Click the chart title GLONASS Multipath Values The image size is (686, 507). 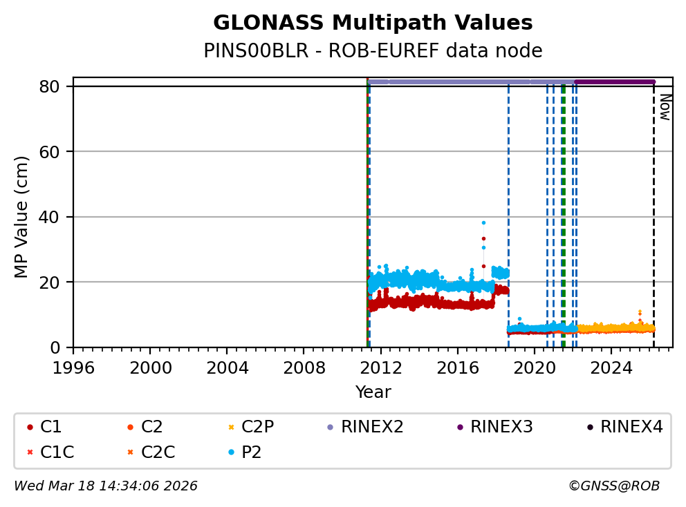(x=373, y=23)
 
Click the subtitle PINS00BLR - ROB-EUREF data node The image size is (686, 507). (x=373, y=51)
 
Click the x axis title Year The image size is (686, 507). (x=373, y=392)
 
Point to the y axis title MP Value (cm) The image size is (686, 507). (x=21, y=217)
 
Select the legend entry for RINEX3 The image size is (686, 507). (x=501, y=427)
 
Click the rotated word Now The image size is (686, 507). (x=665, y=107)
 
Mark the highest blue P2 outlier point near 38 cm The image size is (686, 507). (x=483, y=222)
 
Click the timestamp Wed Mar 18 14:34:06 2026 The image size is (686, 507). (x=106, y=486)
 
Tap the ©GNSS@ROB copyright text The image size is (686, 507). (x=614, y=486)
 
